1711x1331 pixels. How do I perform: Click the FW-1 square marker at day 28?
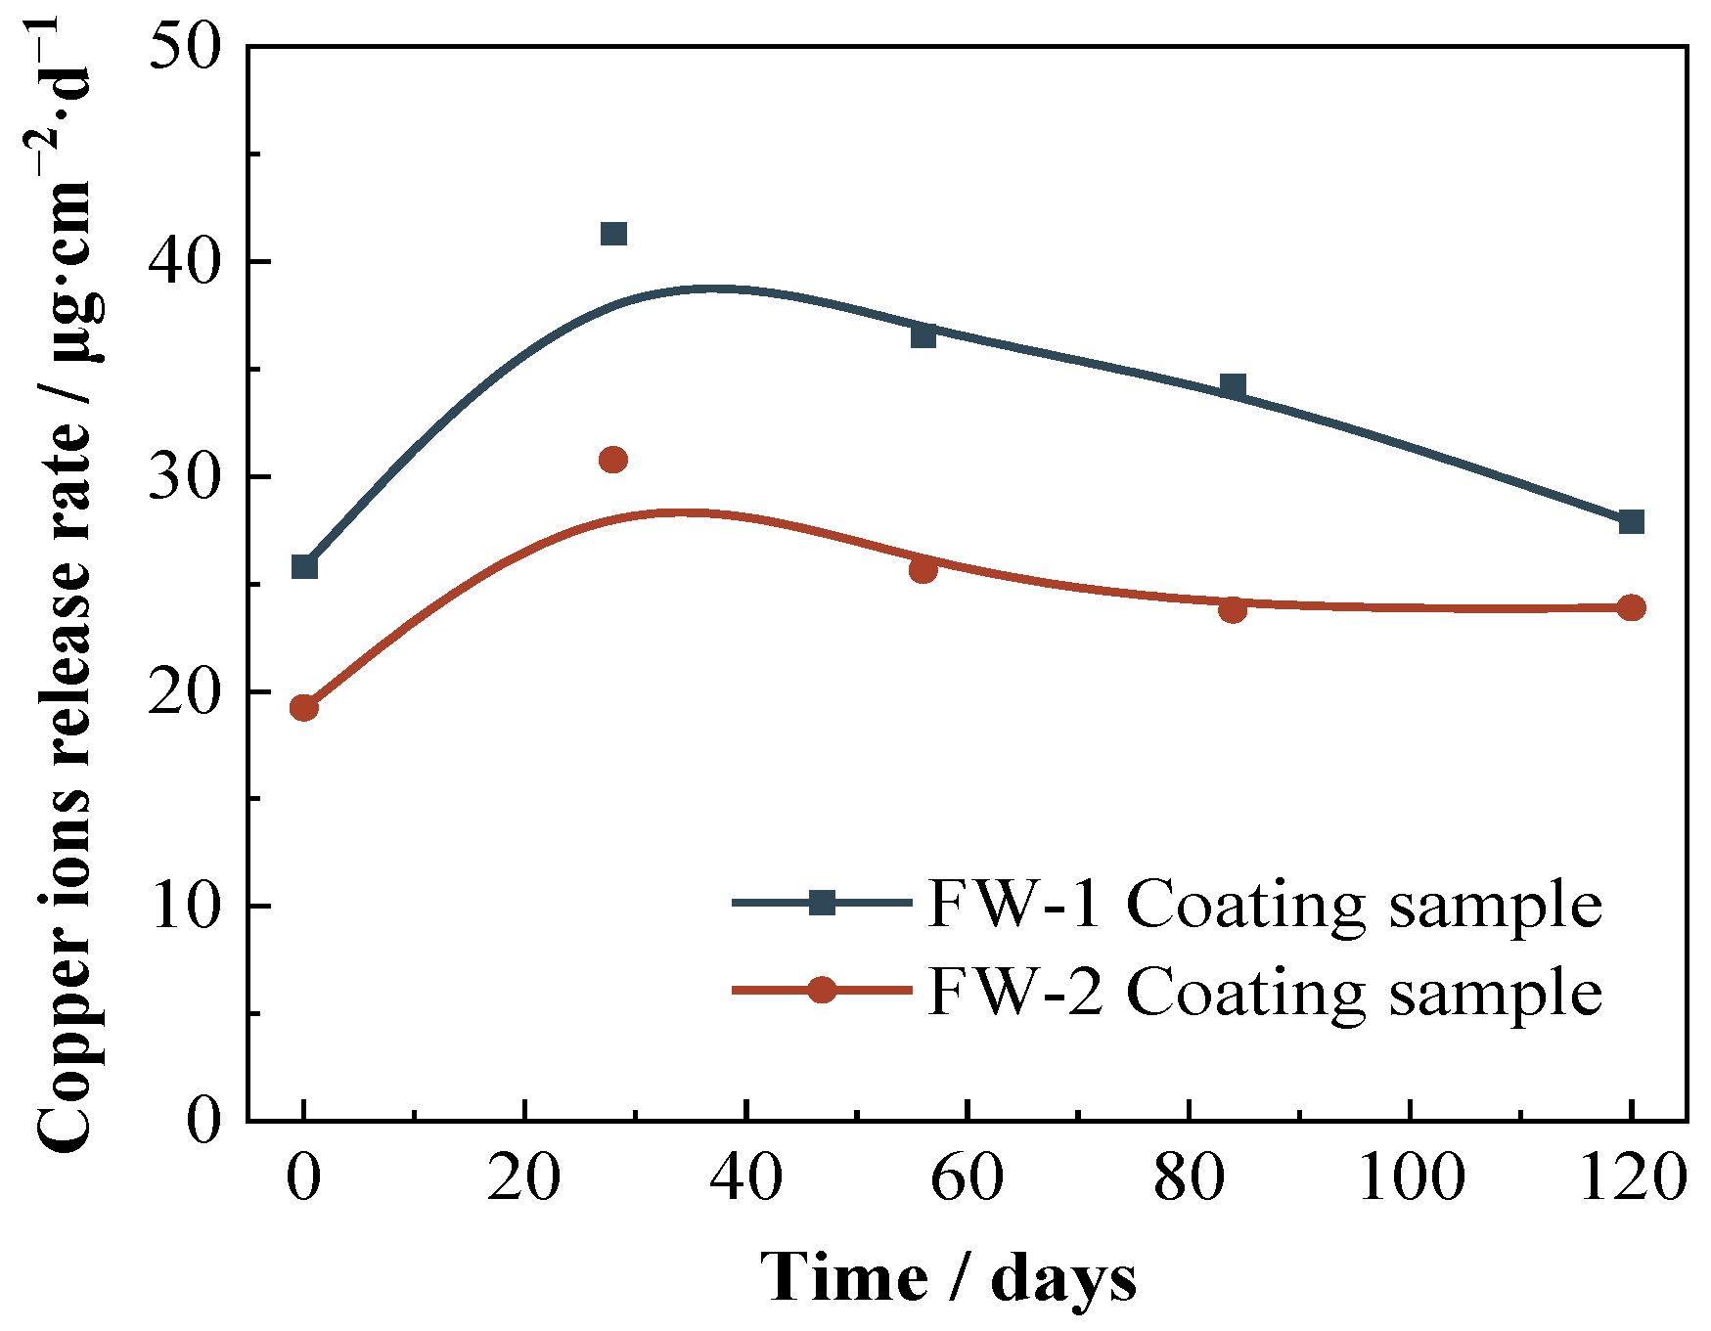click(x=613, y=234)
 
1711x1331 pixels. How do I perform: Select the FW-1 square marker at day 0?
click(x=304, y=566)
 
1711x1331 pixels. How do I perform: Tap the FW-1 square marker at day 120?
click(x=1631, y=521)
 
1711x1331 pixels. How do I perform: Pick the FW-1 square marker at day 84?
click(x=1233, y=385)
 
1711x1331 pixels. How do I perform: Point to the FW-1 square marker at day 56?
click(x=923, y=335)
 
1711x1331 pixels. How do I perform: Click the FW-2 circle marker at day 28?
click(x=613, y=460)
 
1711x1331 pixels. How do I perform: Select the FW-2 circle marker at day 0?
click(x=304, y=707)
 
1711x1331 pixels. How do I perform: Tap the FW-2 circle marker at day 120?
click(x=1631, y=607)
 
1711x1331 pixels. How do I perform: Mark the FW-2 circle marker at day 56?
click(x=923, y=570)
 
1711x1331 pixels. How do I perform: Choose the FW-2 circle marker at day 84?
click(x=1233, y=610)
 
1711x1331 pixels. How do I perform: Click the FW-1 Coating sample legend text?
click(x=1264, y=904)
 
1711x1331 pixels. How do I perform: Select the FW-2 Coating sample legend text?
click(x=1264, y=992)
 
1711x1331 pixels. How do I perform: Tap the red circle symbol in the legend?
click(x=822, y=990)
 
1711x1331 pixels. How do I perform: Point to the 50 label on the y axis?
click(x=185, y=47)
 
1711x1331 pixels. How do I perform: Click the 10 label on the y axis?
click(x=185, y=907)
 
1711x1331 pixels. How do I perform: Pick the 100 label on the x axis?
click(x=1411, y=1177)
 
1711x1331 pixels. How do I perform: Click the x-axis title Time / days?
click(x=948, y=1277)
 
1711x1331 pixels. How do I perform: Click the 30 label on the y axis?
click(x=185, y=477)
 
